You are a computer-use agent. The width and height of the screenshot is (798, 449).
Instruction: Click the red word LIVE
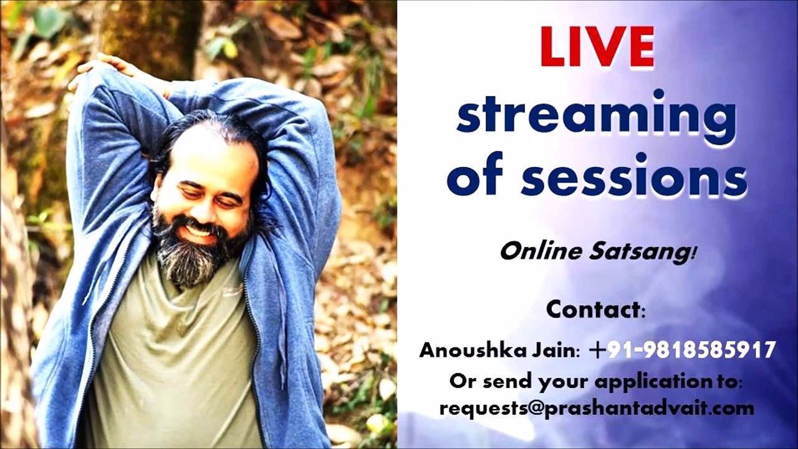coord(597,47)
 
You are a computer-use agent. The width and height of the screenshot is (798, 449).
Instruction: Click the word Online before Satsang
coord(539,251)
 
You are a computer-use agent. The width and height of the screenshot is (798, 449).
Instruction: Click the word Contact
coord(595,309)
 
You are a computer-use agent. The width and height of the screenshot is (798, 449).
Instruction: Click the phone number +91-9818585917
coord(683,350)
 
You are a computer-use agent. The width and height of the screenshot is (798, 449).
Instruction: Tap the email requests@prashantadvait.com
coord(597,408)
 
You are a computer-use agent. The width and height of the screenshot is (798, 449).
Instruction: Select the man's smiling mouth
coord(198,231)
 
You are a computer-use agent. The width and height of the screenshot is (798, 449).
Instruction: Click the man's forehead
coord(206,156)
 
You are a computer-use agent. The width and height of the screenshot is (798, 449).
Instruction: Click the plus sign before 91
coord(597,350)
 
